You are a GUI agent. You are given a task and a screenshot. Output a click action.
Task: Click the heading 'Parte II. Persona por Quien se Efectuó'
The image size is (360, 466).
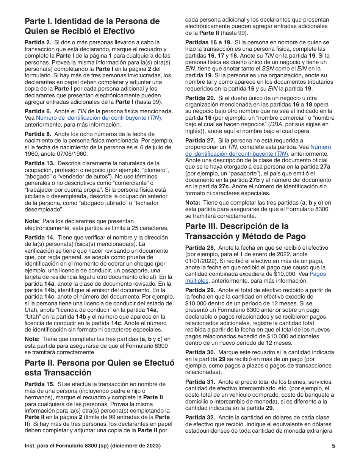point(99,363)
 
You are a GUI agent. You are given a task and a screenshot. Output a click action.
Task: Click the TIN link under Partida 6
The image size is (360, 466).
point(99,117)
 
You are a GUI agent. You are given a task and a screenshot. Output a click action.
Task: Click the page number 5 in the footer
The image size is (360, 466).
point(333,446)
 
